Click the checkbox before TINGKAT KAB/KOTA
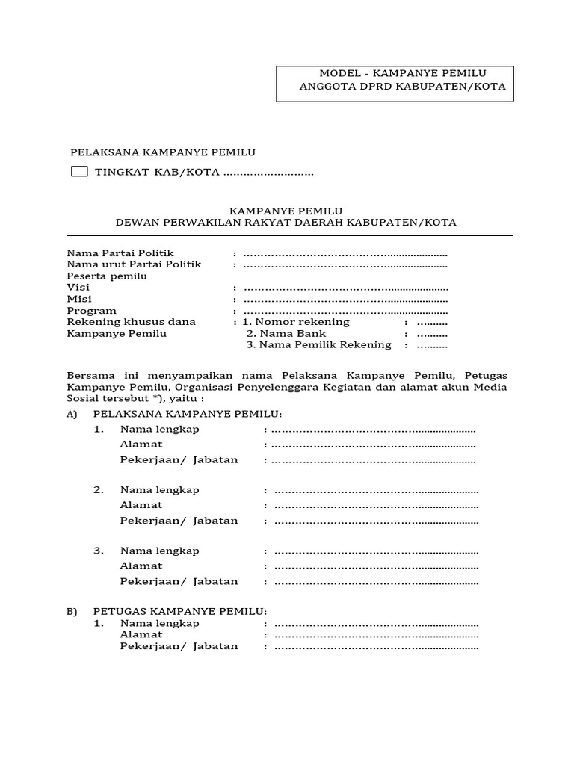pyautogui.click(x=79, y=172)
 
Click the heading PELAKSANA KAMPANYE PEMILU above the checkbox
pyautogui.click(x=163, y=152)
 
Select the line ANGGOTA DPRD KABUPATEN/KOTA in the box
pyautogui.click(x=402, y=87)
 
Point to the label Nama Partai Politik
pyautogui.click(x=120, y=253)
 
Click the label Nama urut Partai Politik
pyautogui.click(x=135, y=264)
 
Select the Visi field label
pyautogui.click(x=73, y=288)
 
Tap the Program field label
pyautogui.click(x=92, y=310)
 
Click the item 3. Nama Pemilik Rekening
pyautogui.click(x=318, y=345)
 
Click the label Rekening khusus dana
pyautogui.click(x=132, y=322)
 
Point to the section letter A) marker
pyautogui.click(x=72, y=414)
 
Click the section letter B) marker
pyautogui.click(x=72, y=611)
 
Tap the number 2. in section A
pyautogui.click(x=99, y=490)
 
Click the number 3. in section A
pyautogui.click(x=99, y=551)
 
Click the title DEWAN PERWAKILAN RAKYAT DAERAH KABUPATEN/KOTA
pyautogui.click(x=286, y=223)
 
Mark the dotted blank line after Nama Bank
pyautogui.click(x=432, y=334)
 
